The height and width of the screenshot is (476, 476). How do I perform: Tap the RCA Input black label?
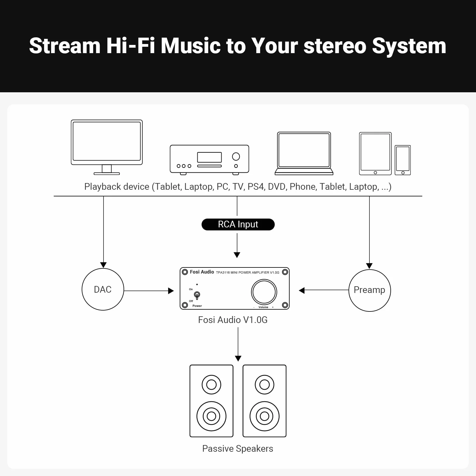238,224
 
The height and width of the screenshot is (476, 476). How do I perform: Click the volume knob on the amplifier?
264,292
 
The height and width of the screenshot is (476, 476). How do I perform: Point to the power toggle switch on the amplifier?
197,295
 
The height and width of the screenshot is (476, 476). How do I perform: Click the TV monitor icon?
107,147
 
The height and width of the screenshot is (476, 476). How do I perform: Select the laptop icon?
304,154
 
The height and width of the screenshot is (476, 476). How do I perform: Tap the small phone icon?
403,160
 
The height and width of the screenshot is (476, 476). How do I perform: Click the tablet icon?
375,154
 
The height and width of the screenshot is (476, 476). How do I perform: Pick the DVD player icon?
209,160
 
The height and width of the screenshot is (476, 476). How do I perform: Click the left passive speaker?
211,401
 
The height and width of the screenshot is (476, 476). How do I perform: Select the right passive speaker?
264,401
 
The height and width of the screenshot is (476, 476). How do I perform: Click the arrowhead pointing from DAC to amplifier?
171,291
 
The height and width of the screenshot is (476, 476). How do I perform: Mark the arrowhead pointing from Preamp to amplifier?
301,291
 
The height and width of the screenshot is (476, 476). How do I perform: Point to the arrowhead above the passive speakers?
238,359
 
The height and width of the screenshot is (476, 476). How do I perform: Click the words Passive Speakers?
238,449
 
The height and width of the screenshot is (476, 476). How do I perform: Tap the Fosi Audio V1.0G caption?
233,320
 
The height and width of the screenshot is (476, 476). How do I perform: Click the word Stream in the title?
65,46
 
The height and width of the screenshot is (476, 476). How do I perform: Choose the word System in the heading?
409,46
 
